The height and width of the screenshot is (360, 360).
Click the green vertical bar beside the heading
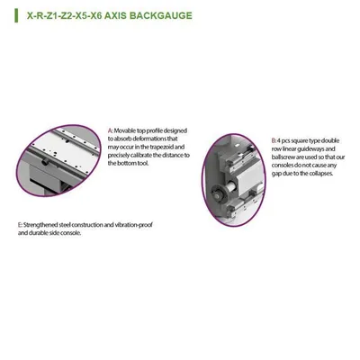point(16,15)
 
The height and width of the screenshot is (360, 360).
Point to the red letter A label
point(110,130)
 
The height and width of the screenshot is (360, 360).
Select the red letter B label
point(274,140)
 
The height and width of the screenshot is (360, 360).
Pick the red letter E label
point(20,225)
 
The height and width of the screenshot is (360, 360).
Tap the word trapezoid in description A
point(162,147)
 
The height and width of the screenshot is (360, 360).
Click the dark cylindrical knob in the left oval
point(45,161)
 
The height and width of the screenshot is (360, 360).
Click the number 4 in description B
point(279,140)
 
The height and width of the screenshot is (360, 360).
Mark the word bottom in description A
point(127,163)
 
